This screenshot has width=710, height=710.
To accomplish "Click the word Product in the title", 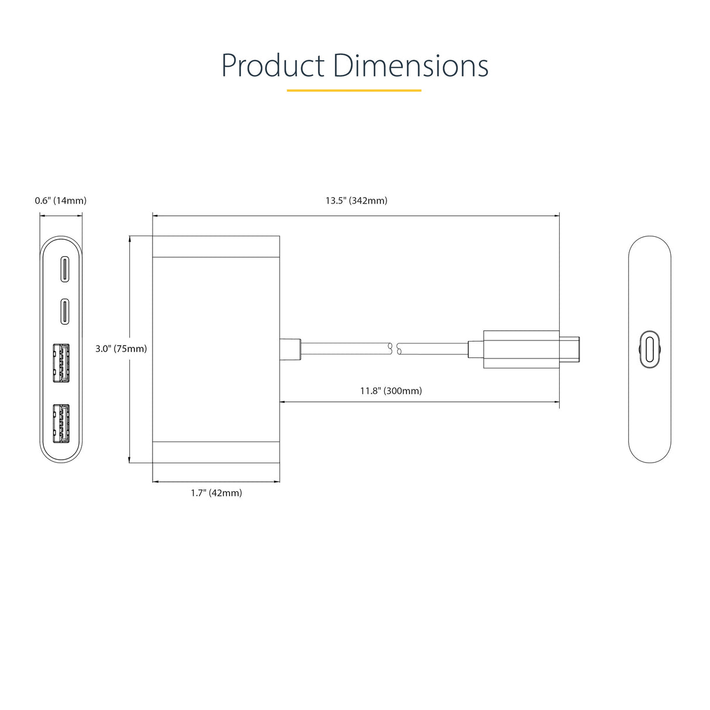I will pyautogui.click(x=273, y=66).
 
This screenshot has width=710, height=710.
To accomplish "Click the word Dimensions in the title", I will pyautogui.click(x=411, y=66).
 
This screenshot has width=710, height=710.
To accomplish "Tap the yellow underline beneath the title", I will pyautogui.click(x=354, y=91).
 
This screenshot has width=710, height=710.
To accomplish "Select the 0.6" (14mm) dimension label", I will pyautogui.click(x=61, y=201).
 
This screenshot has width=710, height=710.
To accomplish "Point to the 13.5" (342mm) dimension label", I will pyautogui.click(x=356, y=201).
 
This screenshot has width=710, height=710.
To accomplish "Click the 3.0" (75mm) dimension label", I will pyautogui.click(x=121, y=349).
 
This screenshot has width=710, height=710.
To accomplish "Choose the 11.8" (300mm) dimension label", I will pyautogui.click(x=391, y=391).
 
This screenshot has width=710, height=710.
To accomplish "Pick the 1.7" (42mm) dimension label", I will pyautogui.click(x=216, y=493).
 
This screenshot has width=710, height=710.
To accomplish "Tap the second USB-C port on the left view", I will pyautogui.click(x=64, y=311).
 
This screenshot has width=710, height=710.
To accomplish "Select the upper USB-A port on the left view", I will pyautogui.click(x=61, y=363).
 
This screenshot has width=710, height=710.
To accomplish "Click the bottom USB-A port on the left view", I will pyautogui.click(x=61, y=423).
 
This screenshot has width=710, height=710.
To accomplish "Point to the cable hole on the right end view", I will pyautogui.click(x=649, y=349).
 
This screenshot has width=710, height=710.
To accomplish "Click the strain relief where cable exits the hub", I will pyautogui.click(x=290, y=349).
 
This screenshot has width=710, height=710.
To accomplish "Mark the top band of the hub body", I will pyautogui.click(x=216, y=246).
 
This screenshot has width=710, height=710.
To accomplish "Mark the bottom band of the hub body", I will pyautogui.click(x=216, y=452).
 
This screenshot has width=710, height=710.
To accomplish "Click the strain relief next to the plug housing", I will pyautogui.click(x=475, y=349).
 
